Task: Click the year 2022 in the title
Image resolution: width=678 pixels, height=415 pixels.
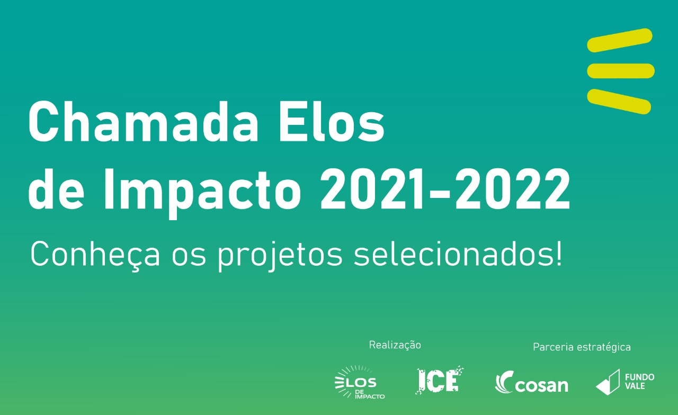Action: [513, 190]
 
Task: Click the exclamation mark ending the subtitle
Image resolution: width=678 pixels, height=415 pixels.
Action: [559, 254]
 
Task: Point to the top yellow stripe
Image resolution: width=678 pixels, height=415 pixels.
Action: [620, 40]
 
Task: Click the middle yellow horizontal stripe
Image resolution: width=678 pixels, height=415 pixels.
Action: [621, 71]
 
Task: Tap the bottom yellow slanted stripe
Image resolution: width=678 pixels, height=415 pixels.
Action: [619, 101]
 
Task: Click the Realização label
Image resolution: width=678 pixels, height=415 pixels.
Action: [395, 345]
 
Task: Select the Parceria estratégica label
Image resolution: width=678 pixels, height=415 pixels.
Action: [582, 347]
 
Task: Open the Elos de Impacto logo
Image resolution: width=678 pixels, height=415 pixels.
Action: [360, 382]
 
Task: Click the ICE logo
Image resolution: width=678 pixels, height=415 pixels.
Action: [440, 380]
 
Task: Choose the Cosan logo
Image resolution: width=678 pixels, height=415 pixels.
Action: [532, 382]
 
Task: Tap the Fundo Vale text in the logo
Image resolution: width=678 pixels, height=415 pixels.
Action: [639, 382]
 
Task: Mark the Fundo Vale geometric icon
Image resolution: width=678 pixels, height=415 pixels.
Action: [608, 382]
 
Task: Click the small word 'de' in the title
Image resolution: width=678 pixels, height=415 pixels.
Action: [56, 190]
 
